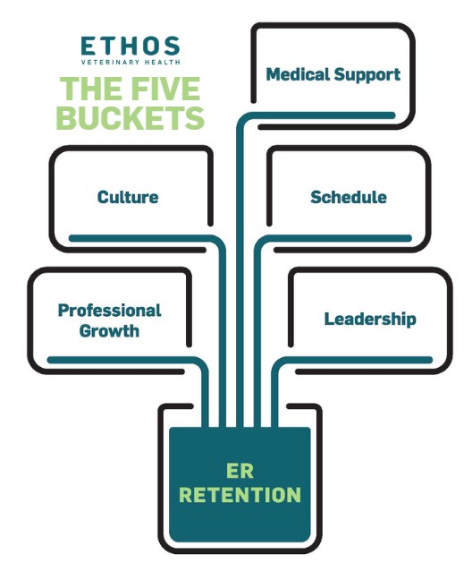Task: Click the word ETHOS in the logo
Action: click(130, 46)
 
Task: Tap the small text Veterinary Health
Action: click(130, 64)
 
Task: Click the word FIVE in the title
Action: click(171, 90)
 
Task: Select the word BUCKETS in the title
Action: click(131, 117)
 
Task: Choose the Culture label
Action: click(128, 196)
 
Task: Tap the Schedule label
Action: click(348, 196)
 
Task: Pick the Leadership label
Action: click(369, 319)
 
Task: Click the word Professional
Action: click(109, 311)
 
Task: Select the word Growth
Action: click(109, 330)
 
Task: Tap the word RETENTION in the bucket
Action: click(240, 494)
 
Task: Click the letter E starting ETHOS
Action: click(87, 46)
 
